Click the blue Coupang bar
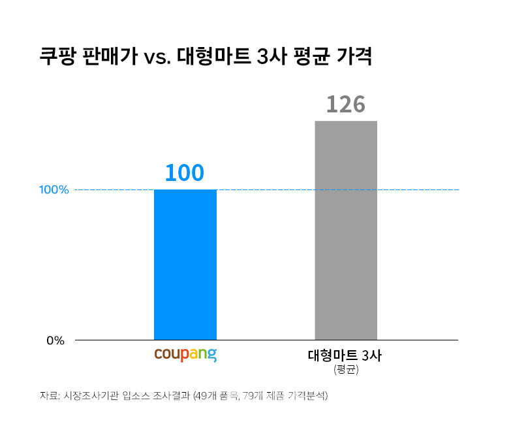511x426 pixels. click(185, 265)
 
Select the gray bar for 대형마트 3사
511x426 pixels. click(346, 230)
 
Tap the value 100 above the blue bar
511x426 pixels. click(185, 172)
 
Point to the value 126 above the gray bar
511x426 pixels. click(345, 104)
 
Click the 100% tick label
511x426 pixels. click(54, 190)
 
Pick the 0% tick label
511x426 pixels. click(55, 340)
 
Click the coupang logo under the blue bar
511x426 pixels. click(185, 356)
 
